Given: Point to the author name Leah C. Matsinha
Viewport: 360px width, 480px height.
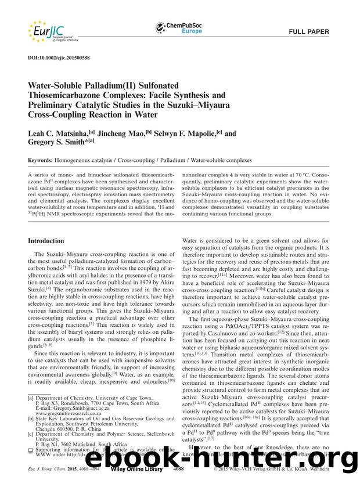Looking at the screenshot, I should tap(65, 133).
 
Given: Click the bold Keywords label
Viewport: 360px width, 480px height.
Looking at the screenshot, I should tap(45, 160).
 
